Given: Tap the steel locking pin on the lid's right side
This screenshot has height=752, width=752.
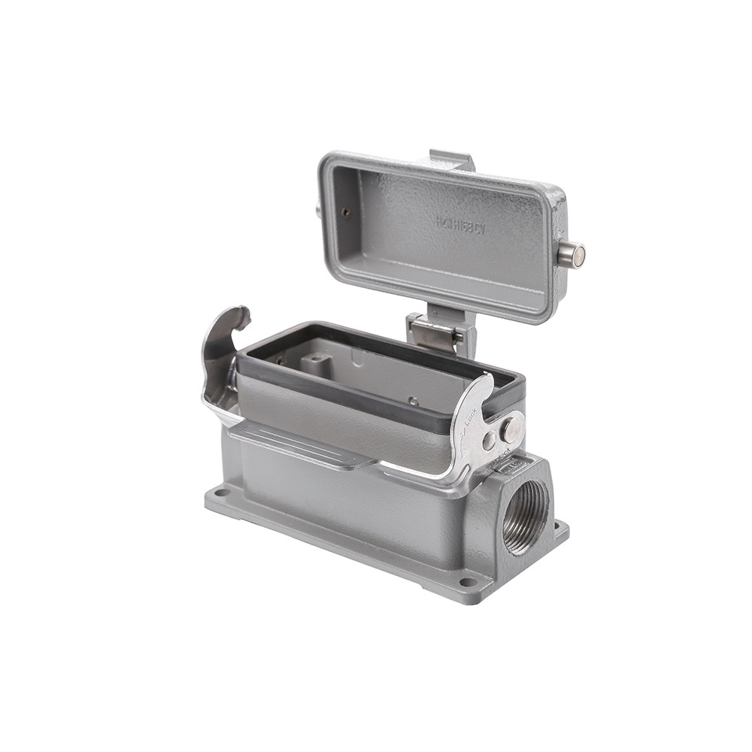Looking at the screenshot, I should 573,254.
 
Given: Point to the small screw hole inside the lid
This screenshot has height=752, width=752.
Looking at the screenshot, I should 345,212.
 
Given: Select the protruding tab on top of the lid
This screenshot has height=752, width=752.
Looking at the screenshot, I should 451,159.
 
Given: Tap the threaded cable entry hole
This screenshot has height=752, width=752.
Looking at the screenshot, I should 526,517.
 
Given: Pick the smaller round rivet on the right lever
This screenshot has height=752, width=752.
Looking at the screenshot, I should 489,441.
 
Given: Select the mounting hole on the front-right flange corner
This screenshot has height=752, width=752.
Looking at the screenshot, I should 467,581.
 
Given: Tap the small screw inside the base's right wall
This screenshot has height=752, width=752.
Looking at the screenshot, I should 413,401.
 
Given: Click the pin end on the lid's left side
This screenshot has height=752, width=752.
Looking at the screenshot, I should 318,209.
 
